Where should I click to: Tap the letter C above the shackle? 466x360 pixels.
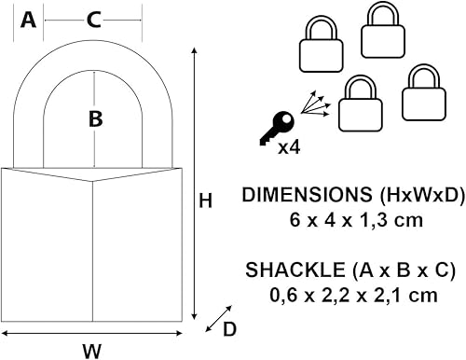(93, 20)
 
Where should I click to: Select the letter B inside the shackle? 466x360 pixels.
(94, 118)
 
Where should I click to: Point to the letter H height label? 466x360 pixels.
(206, 200)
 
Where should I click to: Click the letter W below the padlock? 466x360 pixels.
(90, 350)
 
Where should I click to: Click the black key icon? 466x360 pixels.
(276, 129)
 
